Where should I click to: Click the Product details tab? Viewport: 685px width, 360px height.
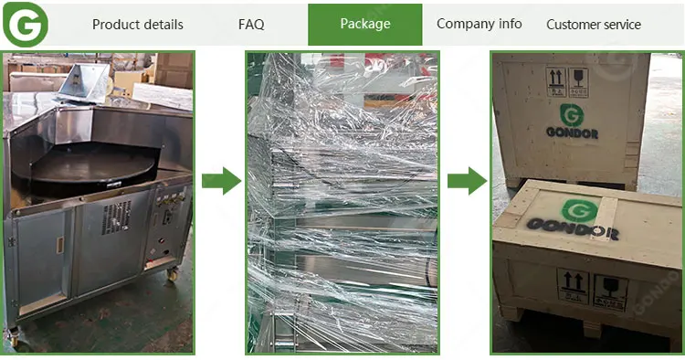pos(138,25)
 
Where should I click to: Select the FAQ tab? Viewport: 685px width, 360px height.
pos(251,25)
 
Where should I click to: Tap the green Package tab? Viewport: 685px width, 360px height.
pos(365,25)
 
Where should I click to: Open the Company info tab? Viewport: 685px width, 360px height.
pos(479,24)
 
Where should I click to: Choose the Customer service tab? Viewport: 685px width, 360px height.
pos(594,25)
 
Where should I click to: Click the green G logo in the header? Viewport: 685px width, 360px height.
pos(26,25)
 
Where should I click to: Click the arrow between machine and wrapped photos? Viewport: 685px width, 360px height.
pos(222,180)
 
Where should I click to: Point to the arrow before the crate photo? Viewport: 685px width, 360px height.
pos(467,180)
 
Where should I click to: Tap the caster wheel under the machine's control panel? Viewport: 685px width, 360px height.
pos(173,274)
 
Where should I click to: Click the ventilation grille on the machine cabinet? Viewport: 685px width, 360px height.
pos(117,217)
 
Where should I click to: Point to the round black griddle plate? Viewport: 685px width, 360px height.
pos(92,167)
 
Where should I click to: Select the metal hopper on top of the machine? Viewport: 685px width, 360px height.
pos(84,83)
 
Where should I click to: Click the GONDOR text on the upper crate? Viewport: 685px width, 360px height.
pos(572,132)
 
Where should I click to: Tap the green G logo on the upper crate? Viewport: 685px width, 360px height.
pos(572,115)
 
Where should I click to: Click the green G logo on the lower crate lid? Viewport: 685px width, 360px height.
pos(580,210)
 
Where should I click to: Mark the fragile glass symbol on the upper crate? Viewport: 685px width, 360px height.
pos(578,82)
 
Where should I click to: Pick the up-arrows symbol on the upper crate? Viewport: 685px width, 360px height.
pos(556,82)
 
